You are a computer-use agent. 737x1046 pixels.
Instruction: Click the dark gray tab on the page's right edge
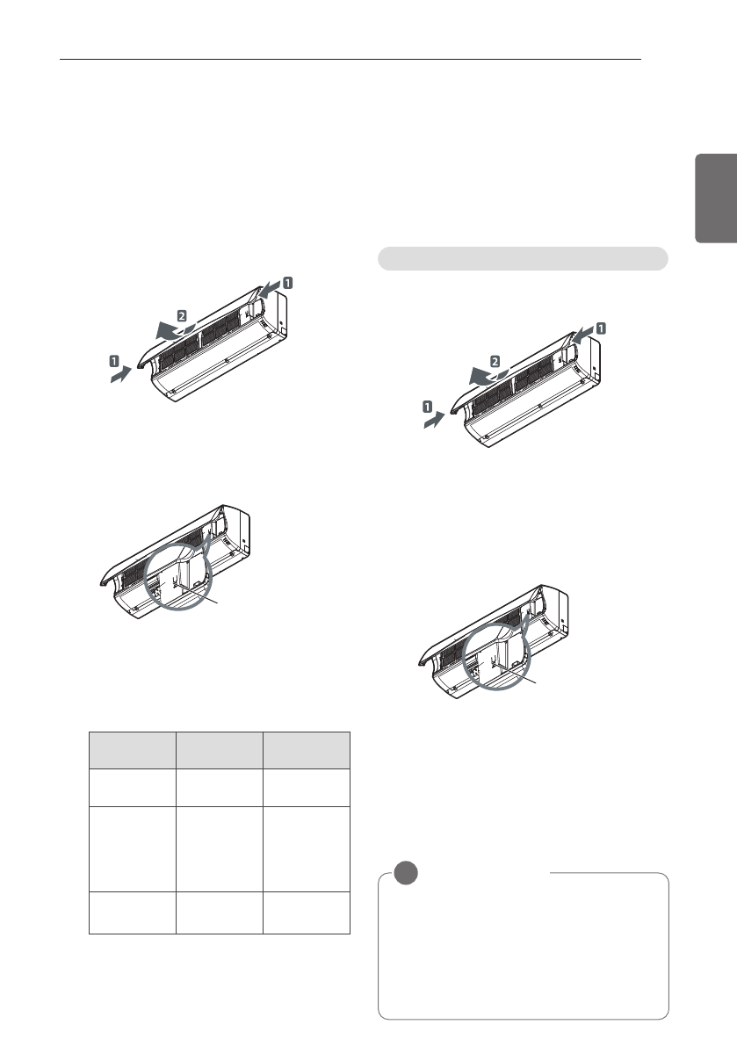(716, 198)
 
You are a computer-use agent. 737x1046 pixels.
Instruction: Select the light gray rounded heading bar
(523, 259)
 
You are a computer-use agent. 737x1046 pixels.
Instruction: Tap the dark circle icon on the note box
(406, 873)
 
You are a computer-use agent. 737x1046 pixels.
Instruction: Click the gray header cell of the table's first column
(133, 751)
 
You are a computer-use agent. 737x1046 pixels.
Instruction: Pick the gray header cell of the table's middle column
(220, 751)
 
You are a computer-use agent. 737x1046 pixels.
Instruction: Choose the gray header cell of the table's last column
(307, 751)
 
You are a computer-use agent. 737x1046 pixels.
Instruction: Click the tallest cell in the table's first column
(133, 849)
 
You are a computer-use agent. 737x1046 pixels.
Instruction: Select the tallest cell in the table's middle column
(220, 849)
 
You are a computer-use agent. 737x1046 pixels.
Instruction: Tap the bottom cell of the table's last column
(307, 913)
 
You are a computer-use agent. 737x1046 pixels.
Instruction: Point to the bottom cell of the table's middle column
(220, 913)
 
